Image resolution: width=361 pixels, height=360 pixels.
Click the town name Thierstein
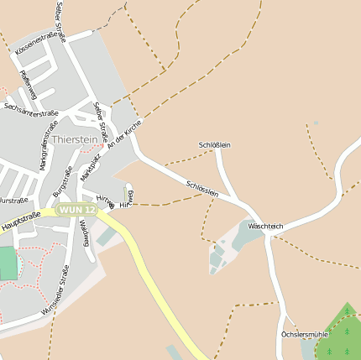point(75,139)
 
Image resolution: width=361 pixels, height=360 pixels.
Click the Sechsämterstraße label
point(30,108)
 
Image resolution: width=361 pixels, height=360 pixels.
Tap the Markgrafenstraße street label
point(44,150)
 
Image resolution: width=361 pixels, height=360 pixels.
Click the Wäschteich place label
point(266,227)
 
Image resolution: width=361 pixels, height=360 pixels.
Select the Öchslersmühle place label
point(303,334)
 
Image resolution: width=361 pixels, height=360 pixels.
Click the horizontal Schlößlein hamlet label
point(214,145)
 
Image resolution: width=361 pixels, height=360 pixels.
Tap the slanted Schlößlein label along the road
point(202,189)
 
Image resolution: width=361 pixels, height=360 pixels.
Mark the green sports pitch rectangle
point(8,263)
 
